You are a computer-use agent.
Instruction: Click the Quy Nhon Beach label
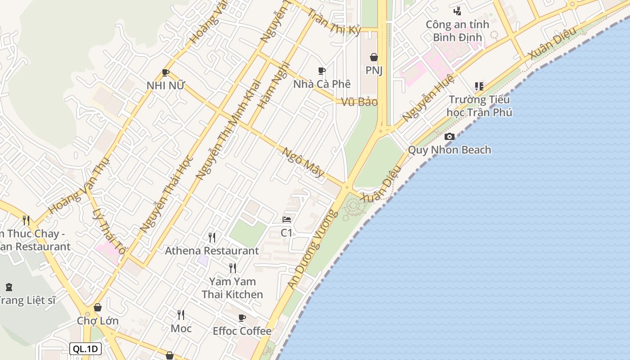(x=449, y=150)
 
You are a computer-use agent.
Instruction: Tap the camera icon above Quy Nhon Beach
(x=449, y=137)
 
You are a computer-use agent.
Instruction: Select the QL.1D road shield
(x=85, y=349)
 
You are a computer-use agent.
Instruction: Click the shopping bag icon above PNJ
(x=373, y=57)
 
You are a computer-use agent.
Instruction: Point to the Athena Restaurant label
(x=211, y=251)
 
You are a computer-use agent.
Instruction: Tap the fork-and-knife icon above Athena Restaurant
(x=211, y=237)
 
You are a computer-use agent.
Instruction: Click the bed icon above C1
(x=287, y=220)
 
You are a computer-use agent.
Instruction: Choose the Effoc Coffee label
(x=242, y=331)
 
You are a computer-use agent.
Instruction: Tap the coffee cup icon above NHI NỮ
(x=166, y=72)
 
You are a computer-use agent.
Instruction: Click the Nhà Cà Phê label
(x=321, y=84)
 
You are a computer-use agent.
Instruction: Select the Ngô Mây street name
(x=303, y=162)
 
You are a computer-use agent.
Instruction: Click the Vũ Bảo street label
(x=359, y=102)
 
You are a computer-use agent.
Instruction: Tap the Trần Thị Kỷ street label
(x=334, y=20)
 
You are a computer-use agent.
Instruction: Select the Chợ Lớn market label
(x=98, y=321)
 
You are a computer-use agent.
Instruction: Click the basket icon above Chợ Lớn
(x=98, y=307)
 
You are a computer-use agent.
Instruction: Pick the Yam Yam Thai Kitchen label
(x=232, y=288)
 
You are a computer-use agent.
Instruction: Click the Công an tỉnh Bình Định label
(x=457, y=31)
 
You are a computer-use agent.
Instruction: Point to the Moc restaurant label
(x=181, y=328)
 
